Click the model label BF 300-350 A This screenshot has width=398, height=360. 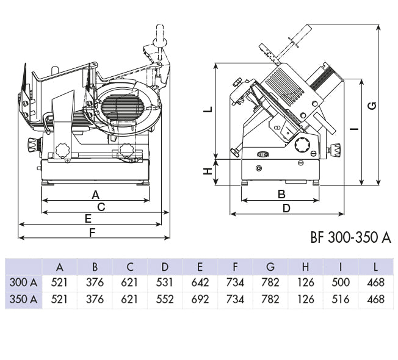(350, 237)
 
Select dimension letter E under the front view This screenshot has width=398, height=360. (88, 218)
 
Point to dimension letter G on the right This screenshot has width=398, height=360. (372, 105)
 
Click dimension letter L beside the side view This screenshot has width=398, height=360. (208, 109)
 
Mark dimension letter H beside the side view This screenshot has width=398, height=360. (208, 171)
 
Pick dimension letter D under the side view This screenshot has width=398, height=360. (286, 207)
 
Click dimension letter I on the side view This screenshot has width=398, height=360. (353, 129)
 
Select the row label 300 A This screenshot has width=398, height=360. (24, 283)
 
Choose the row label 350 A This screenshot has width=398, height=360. (24, 300)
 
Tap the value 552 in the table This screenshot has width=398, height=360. (165, 300)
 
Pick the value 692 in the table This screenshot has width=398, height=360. (200, 300)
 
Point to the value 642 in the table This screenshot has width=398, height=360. (200, 283)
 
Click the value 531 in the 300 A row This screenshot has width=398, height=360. (165, 283)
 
